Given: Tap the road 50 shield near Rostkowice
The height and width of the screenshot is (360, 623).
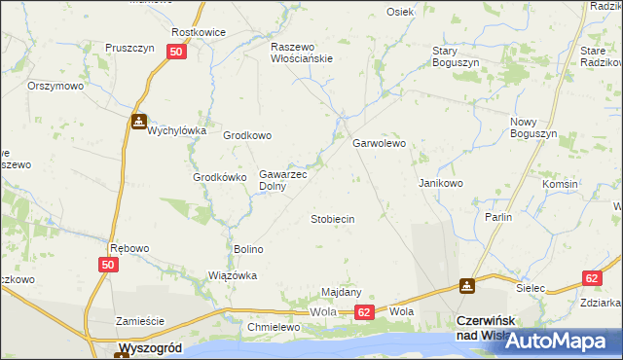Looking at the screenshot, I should pyautogui.click(x=176, y=54).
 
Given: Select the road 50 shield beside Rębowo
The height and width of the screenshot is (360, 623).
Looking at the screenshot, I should pyautogui.click(x=108, y=265).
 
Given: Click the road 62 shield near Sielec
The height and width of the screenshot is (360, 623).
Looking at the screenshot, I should pyautogui.click(x=592, y=277).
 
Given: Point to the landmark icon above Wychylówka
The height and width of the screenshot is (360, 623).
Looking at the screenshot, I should pyautogui.click(x=139, y=123).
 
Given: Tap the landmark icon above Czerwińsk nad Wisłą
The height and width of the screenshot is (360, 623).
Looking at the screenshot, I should pyautogui.click(x=468, y=287).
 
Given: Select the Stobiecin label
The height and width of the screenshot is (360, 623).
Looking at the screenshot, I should pyautogui.click(x=332, y=219).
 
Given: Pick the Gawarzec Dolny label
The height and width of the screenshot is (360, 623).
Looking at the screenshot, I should pyautogui.click(x=282, y=180).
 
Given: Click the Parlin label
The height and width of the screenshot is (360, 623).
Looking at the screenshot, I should pyautogui.click(x=498, y=217).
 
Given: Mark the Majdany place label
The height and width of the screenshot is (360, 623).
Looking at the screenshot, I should pyautogui.click(x=342, y=292).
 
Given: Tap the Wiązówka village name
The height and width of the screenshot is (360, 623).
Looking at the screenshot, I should pyautogui.click(x=233, y=275).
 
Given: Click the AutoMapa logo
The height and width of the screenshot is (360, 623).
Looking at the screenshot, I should pyautogui.click(x=558, y=342).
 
